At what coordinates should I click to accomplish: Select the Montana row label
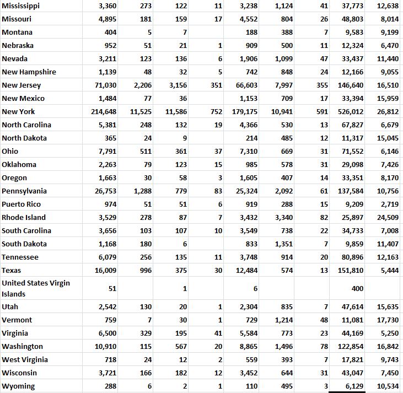17,33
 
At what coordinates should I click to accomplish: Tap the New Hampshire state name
29,72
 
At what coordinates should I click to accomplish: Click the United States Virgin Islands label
36,288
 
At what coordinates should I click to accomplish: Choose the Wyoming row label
18,386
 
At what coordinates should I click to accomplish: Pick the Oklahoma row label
19,165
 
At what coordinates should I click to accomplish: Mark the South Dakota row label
24,244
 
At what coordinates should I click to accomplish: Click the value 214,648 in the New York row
104,112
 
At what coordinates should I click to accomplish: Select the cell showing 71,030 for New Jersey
106,85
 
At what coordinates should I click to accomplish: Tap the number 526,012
351,112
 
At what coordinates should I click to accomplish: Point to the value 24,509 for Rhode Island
388,218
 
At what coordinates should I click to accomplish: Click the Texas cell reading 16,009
106,271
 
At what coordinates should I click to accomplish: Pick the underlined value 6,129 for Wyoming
353,386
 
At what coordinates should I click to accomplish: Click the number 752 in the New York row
216,112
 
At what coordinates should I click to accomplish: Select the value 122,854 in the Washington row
351,347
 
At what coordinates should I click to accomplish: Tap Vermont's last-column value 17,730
388,320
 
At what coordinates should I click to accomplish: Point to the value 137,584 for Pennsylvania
351,191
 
